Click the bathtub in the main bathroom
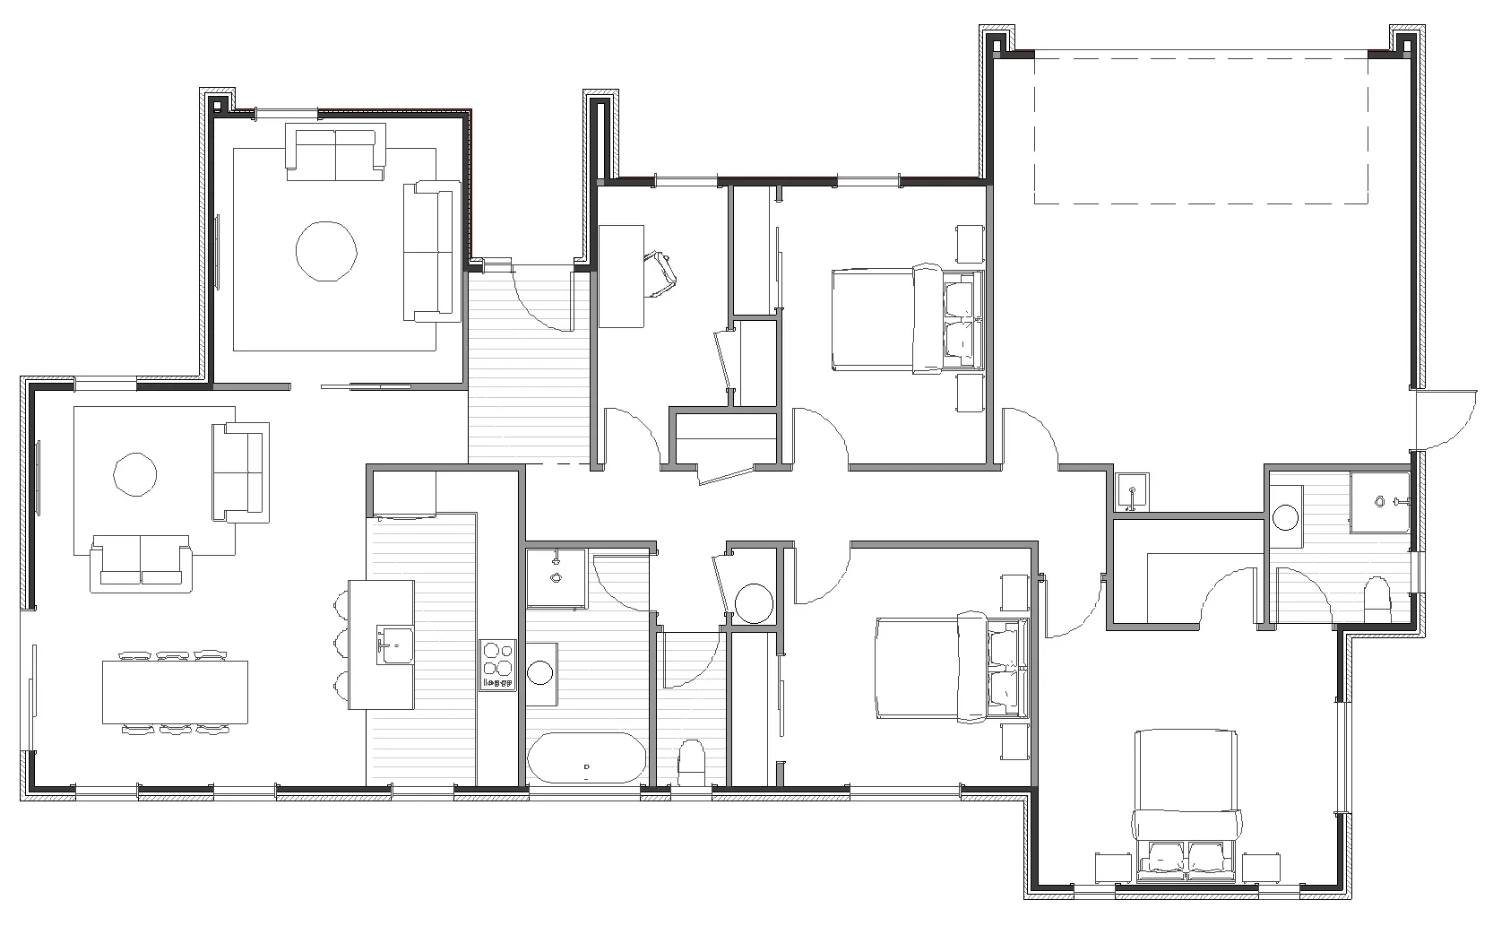coord(585,758)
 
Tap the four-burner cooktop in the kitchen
coord(497,664)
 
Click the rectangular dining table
coord(175,691)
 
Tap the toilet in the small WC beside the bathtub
coord(692,763)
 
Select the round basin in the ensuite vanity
coord(1287,517)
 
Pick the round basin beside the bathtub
coord(540,672)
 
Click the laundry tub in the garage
coord(1133,491)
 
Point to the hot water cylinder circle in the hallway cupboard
coord(753,602)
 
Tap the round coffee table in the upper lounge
coord(327,250)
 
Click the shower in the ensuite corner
coord(1381,501)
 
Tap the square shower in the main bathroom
coord(556,577)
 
